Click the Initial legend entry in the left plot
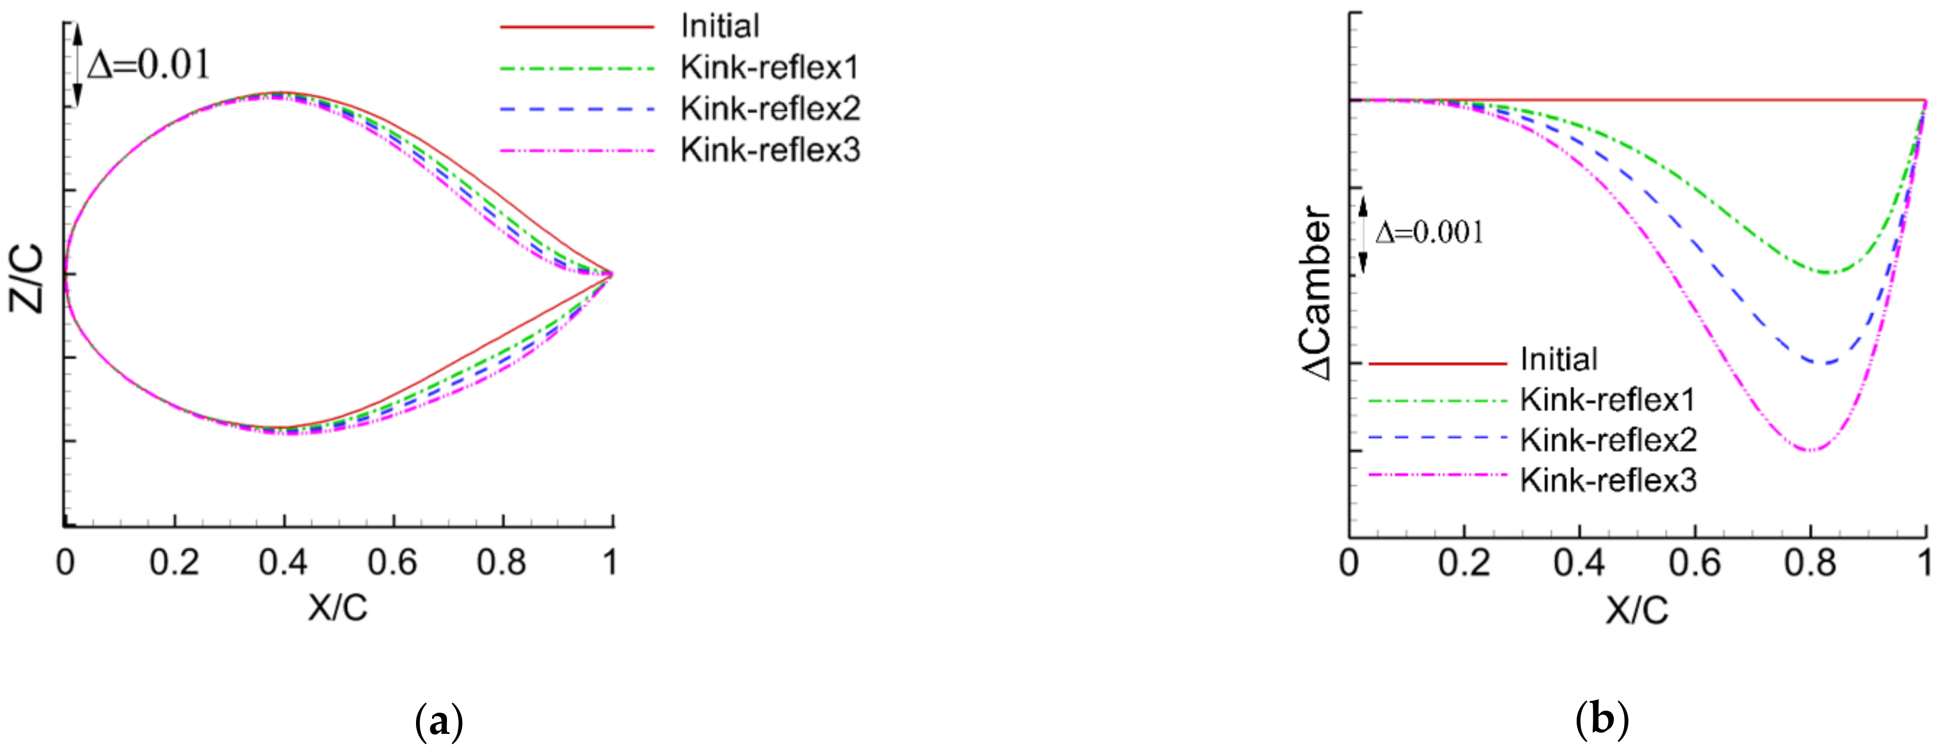[720, 26]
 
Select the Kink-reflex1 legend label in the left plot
[769, 68]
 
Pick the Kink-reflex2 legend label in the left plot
[770, 109]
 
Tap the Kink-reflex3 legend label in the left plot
[770, 151]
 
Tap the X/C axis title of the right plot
[1636, 610]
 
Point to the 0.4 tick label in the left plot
[283, 563]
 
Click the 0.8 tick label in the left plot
[501, 563]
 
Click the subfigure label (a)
[438, 721]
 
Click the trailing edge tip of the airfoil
[612, 274]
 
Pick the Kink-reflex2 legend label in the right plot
[1608, 440]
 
